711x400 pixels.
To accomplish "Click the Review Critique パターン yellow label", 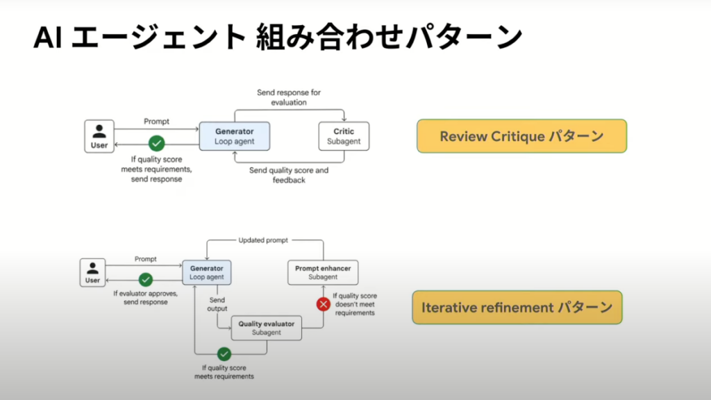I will [521, 136].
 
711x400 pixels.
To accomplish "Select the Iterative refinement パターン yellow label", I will [517, 307].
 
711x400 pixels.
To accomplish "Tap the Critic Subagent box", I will [344, 137].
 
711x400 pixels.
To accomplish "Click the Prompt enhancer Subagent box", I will [323, 272].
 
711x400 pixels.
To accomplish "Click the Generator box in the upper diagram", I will [234, 137].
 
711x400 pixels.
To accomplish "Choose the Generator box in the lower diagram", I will [206, 272].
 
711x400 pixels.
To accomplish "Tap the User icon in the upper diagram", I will [99, 135].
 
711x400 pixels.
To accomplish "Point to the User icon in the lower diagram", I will [92, 272].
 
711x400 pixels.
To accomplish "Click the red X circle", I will [323, 303].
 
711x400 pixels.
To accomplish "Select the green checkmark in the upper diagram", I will [157, 143].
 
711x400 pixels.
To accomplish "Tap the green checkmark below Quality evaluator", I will [224, 353].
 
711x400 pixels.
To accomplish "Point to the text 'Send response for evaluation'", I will [289, 97].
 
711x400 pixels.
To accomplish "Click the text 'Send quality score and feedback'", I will [289, 175].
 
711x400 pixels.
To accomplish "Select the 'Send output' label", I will [218, 303].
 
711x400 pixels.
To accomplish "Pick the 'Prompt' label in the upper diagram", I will [156, 122].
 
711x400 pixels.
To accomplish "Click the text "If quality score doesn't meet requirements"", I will [355, 304].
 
